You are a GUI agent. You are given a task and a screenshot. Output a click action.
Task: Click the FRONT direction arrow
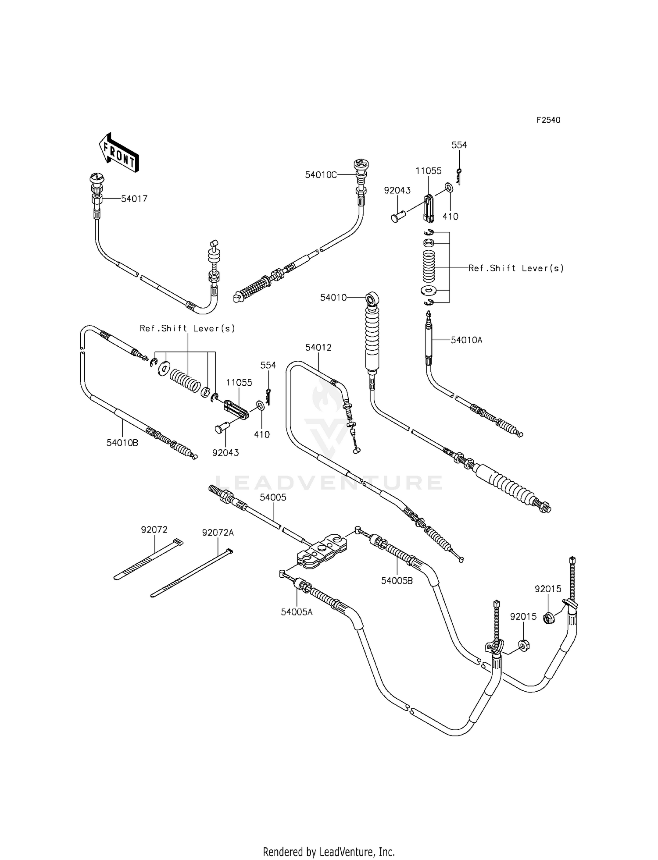118,152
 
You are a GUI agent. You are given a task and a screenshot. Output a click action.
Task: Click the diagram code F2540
548,120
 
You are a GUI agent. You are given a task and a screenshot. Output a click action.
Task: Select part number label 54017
134,199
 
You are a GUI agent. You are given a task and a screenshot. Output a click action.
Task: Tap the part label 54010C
321,175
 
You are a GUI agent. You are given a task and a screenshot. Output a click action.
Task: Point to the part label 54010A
466,340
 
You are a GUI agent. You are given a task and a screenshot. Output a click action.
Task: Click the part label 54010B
122,443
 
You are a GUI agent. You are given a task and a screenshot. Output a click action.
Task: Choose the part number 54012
318,348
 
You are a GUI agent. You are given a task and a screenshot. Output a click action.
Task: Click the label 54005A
297,612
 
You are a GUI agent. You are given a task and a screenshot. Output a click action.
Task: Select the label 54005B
397,581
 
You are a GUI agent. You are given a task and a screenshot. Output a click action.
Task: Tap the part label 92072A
218,533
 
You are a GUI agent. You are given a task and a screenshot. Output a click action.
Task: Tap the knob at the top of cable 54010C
361,165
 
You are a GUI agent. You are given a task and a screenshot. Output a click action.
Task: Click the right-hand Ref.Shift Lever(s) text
516,268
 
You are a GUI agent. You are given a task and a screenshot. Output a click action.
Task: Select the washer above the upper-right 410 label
449,188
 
